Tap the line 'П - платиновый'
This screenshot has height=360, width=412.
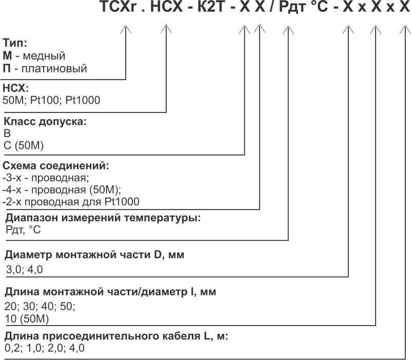click(45, 68)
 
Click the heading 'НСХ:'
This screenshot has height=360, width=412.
click(16, 88)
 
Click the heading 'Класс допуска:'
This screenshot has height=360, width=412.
click(45, 122)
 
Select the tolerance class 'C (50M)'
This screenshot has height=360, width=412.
click(24, 146)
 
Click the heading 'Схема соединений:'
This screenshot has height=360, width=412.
click(56, 166)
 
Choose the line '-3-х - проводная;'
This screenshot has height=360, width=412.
click(46, 178)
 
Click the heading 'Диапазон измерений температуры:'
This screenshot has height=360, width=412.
click(103, 218)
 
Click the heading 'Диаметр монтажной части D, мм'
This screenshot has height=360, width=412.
click(94, 255)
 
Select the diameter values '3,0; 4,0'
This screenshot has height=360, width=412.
click(25, 270)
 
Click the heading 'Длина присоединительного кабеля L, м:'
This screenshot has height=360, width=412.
click(116, 337)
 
